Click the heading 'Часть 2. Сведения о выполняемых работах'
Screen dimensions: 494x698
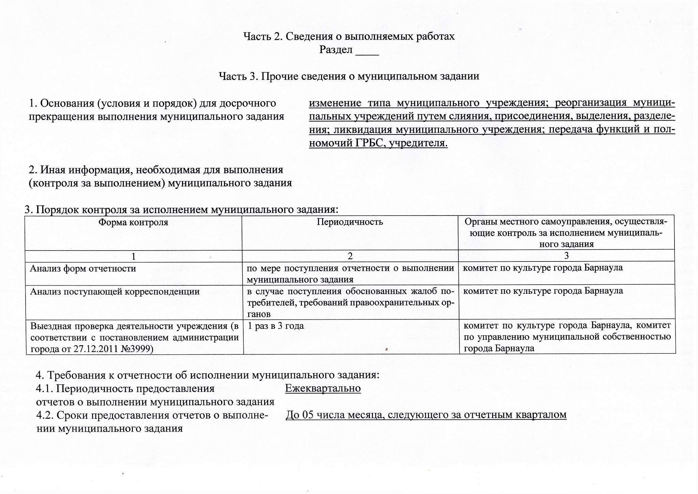349,36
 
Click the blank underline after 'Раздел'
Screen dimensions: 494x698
367,51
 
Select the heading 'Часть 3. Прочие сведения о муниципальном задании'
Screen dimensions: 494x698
349,76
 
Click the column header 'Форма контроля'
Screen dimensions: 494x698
133,222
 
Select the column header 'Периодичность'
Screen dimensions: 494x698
350,222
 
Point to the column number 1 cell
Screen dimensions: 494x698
134,256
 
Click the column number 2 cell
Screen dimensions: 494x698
350,256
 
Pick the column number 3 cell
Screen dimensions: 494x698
566,255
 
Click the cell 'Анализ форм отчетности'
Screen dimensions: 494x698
83,269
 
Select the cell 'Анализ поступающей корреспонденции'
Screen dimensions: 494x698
115,291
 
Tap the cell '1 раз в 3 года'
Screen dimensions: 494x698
275,326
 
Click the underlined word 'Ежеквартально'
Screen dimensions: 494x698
323,388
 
